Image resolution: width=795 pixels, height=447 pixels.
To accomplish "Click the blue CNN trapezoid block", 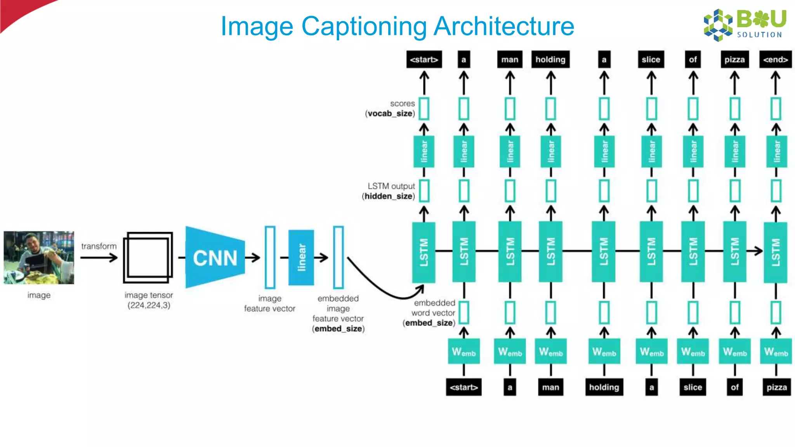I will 215,258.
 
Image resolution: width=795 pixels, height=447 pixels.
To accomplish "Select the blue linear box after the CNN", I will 301,258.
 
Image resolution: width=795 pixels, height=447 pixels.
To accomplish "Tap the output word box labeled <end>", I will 775,59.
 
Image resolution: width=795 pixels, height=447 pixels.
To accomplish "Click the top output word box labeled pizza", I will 734,59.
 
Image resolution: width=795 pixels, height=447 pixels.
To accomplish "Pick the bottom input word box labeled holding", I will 604,387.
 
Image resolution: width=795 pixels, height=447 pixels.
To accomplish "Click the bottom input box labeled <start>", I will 463,387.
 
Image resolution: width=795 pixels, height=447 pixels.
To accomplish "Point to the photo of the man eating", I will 39,258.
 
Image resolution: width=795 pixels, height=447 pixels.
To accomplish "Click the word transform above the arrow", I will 99,246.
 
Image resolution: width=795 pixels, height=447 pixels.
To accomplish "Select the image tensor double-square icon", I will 148,258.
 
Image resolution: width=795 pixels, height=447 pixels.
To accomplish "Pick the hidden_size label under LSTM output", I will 388,196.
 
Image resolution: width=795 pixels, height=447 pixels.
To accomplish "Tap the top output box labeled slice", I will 651,59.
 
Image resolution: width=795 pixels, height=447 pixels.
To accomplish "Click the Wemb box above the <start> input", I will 463,352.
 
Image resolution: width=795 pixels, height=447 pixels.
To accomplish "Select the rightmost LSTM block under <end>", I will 775,252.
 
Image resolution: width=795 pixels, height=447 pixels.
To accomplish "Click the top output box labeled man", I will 509,59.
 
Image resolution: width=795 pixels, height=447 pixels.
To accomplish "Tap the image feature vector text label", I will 269,303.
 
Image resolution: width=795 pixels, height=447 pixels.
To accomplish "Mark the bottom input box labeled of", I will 734,387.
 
